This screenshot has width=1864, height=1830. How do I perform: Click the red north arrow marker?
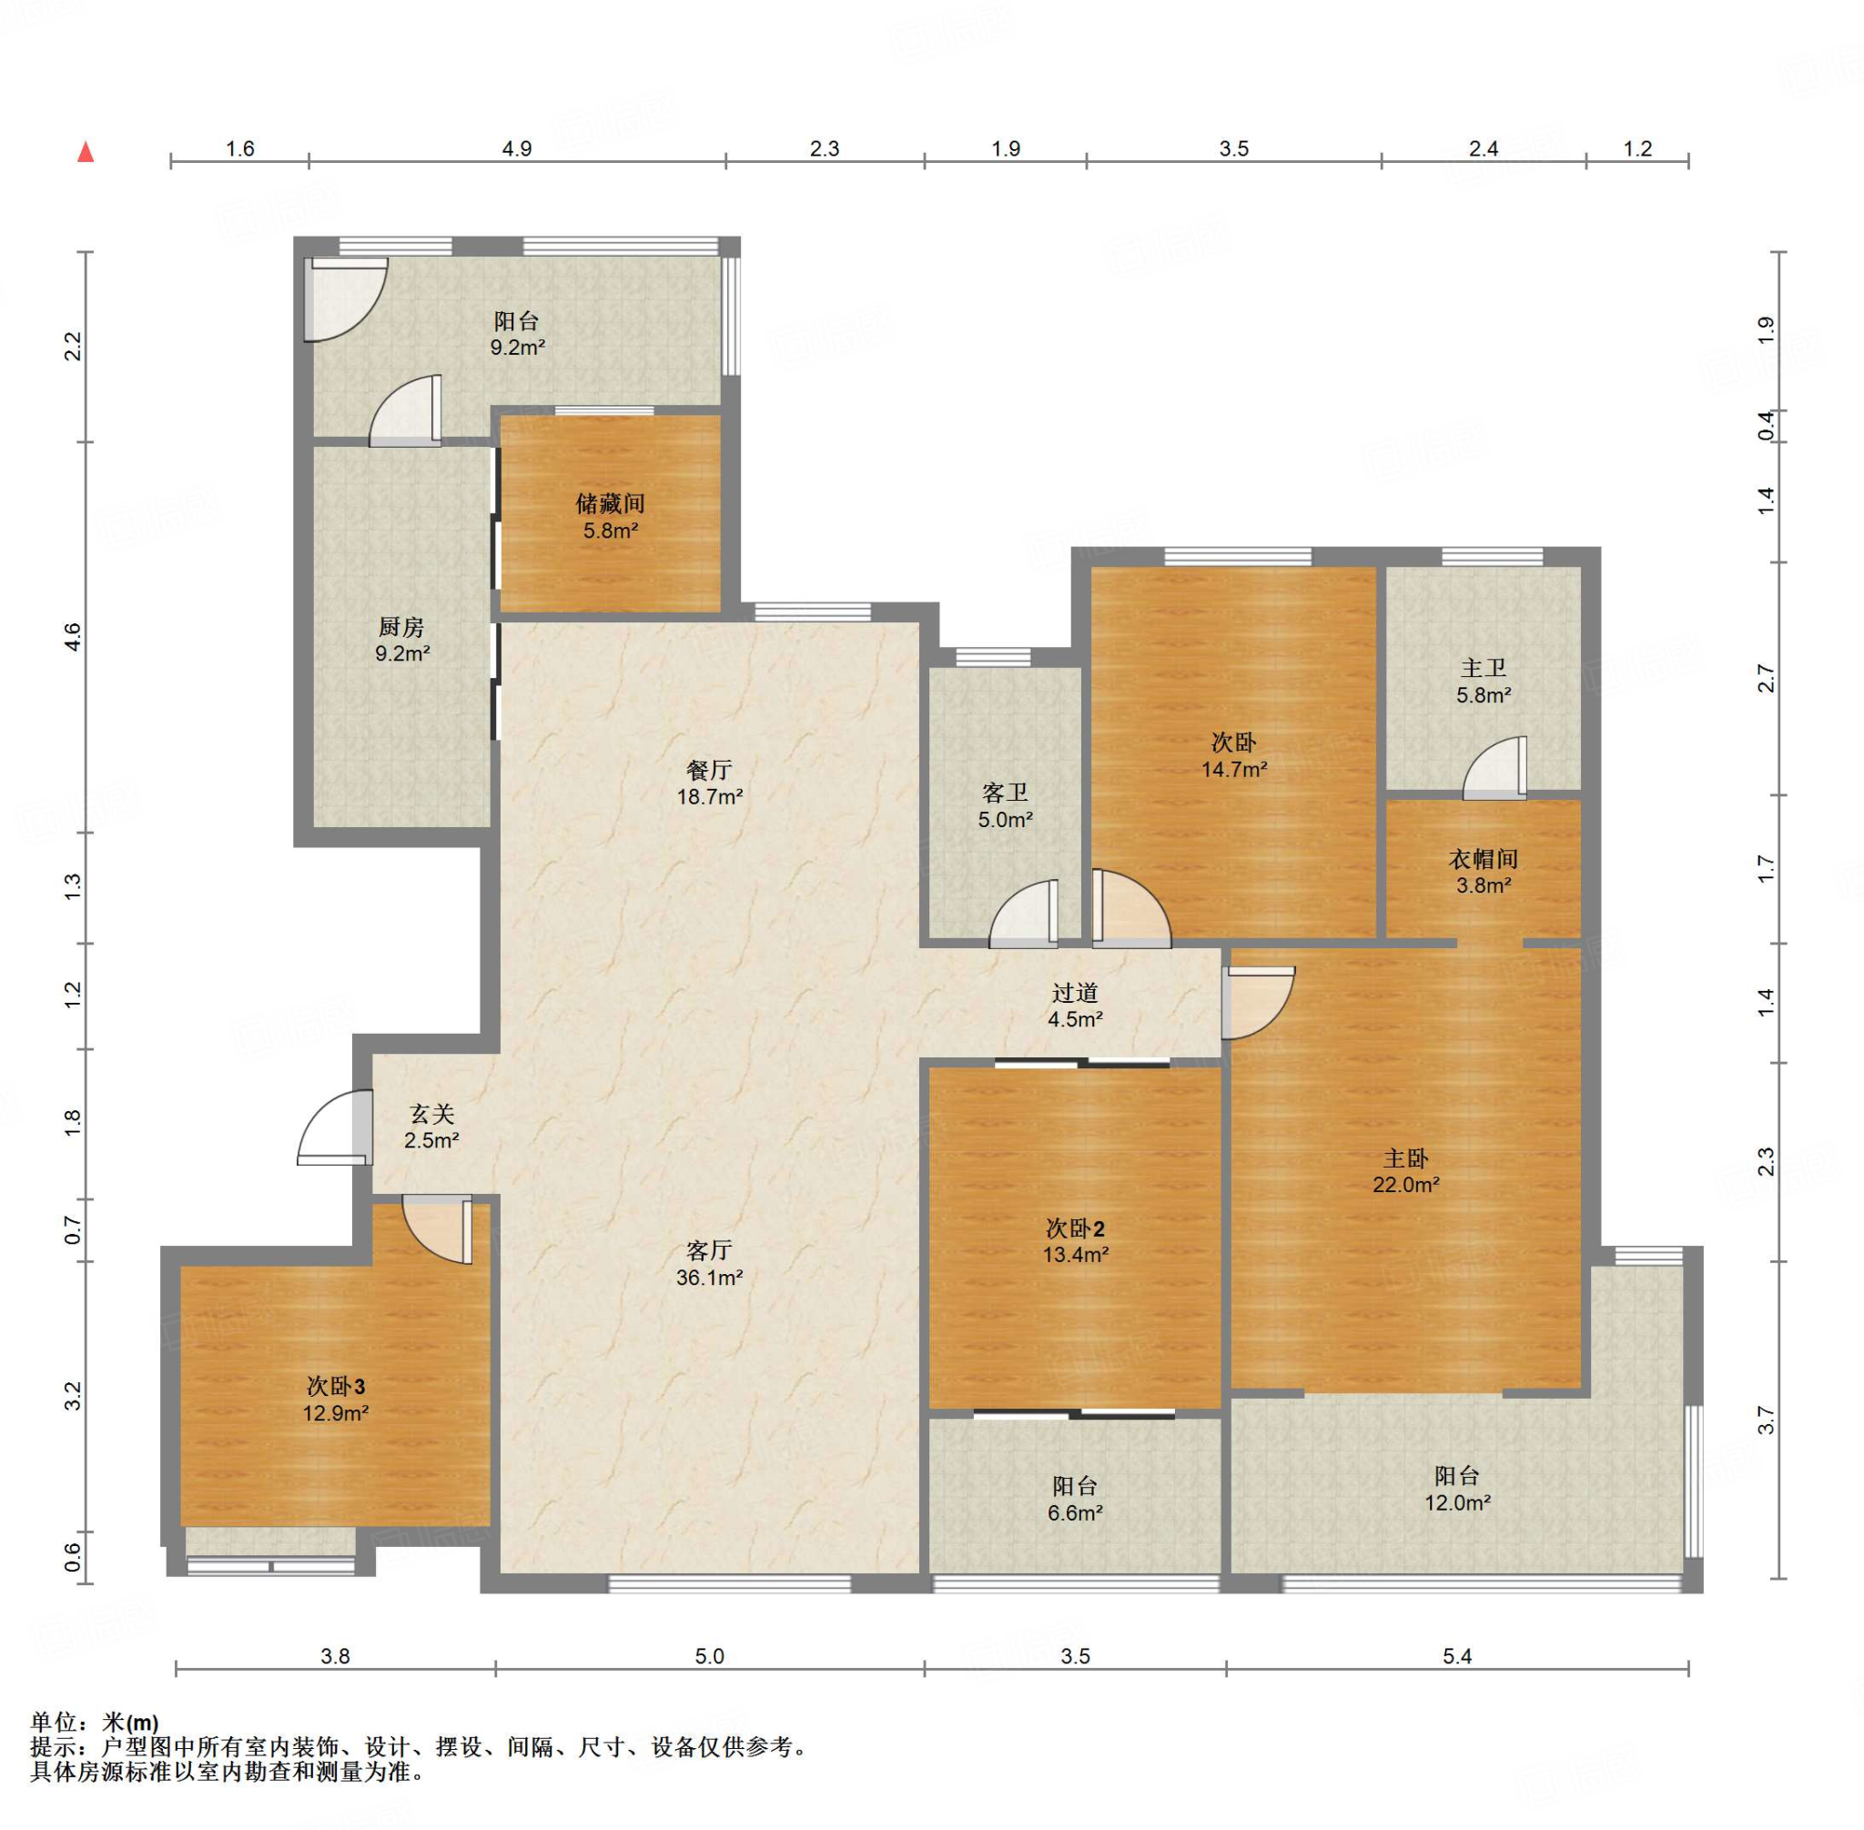point(86,152)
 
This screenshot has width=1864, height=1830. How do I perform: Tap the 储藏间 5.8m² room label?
point(611,516)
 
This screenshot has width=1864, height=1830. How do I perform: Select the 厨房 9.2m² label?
point(401,640)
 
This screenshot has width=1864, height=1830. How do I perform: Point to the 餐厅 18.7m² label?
point(709,783)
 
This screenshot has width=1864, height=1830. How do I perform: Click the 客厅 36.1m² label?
point(709,1263)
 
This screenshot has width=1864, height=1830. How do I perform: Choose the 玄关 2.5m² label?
point(431,1127)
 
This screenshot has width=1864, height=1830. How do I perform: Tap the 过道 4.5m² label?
point(1075,1006)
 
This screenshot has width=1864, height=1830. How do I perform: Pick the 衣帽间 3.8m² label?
point(1484,872)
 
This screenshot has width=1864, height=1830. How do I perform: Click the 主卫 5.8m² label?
point(1484,681)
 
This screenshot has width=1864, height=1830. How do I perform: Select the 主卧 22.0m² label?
point(1405,1170)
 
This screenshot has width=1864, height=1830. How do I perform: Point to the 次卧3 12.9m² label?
point(337,1399)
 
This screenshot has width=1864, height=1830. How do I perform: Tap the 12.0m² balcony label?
point(1457,1489)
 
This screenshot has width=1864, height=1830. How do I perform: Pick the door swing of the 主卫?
point(1495,769)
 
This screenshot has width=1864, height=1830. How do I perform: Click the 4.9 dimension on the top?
point(517,148)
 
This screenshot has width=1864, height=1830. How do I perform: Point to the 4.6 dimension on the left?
point(72,637)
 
